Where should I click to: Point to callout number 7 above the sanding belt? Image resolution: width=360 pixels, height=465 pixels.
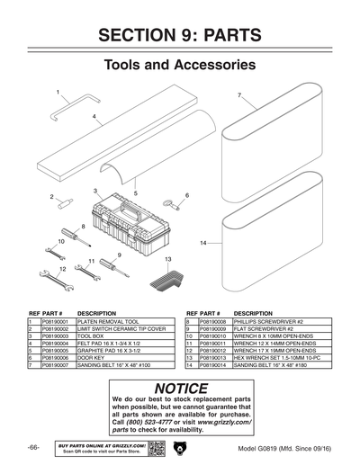tap(238, 94)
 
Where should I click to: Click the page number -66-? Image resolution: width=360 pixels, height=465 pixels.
tap(33, 447)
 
